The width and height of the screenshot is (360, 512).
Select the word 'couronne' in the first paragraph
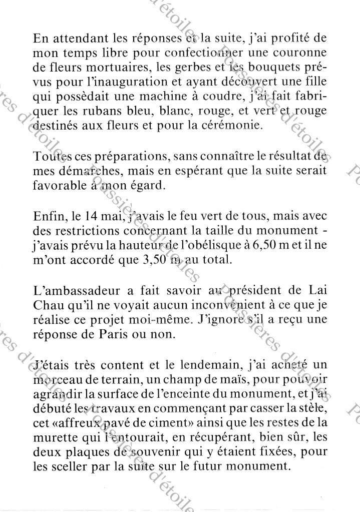click(302, 52)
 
